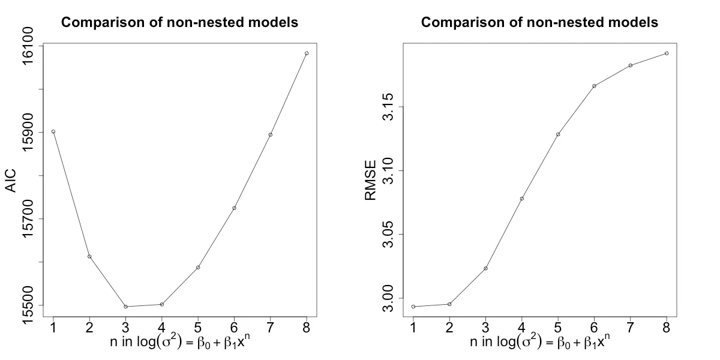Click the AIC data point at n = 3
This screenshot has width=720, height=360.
[125, 307]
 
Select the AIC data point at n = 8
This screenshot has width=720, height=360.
[307, 53]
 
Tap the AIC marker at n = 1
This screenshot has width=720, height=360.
[53, 131]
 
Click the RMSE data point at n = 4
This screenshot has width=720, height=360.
[521, 199]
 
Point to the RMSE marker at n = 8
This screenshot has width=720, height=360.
[666, 53]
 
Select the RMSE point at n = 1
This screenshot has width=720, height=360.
[413, 307]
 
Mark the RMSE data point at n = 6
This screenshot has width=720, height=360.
[594, 86]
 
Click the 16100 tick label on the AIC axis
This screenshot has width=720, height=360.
[28, 46]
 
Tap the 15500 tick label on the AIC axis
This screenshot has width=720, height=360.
[28, 305]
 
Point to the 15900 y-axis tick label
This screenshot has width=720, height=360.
[28, 133]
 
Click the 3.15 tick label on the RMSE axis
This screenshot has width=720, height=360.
[388, 107]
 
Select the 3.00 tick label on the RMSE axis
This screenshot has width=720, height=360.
[388, 298]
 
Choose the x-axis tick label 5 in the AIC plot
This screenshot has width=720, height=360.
[198, 326]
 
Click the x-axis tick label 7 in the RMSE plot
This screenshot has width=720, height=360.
[630, 326]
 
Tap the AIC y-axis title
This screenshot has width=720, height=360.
[10, 181]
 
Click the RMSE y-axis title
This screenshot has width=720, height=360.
[370, 179]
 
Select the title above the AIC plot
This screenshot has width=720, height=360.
[180, 23]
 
